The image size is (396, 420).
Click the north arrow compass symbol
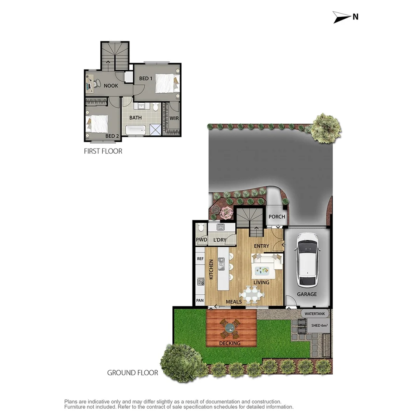click(341, 17)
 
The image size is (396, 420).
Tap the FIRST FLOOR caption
click(103, 151)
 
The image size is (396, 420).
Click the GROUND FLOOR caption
click(132, 373)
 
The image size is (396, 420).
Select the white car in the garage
click(307, 259)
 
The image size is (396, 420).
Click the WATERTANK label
click(315, 313)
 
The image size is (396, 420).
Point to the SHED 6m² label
click(319, 325)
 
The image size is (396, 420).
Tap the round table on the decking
click(229, 328)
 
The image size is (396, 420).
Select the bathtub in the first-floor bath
click(135, 130)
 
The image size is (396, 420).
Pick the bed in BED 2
click(97, 124)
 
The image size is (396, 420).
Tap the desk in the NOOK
click(89, 83)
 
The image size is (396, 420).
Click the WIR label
click(174, 118)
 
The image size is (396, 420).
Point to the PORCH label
click(277, 217)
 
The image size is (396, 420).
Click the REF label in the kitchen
click(200, 259)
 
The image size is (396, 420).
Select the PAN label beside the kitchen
click(200, 301)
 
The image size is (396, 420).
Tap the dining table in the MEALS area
click(251, 294)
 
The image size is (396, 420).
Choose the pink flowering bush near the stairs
click(225, 213)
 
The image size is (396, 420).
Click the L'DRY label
click(220, 240)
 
